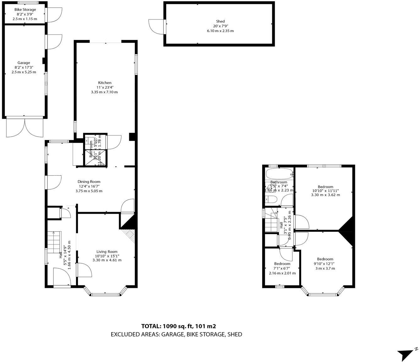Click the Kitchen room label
(x=104, y=83)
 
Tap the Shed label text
(x=220, y=21)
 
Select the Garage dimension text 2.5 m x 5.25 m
(x=24, y=72)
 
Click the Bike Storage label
(x=25, y=10)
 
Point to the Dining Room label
(x=89, y=182)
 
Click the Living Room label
(x=107, y=251)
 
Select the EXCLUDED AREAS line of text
(x=176, y=334)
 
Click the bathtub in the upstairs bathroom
(x=279, y=174)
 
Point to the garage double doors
(x=25, y=127)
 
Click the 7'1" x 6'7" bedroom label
(x=282, y=264)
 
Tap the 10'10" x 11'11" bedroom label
(x=325, y=187)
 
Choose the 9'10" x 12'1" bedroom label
(x=325, y=259)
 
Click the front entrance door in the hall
(x=62, y=277)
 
